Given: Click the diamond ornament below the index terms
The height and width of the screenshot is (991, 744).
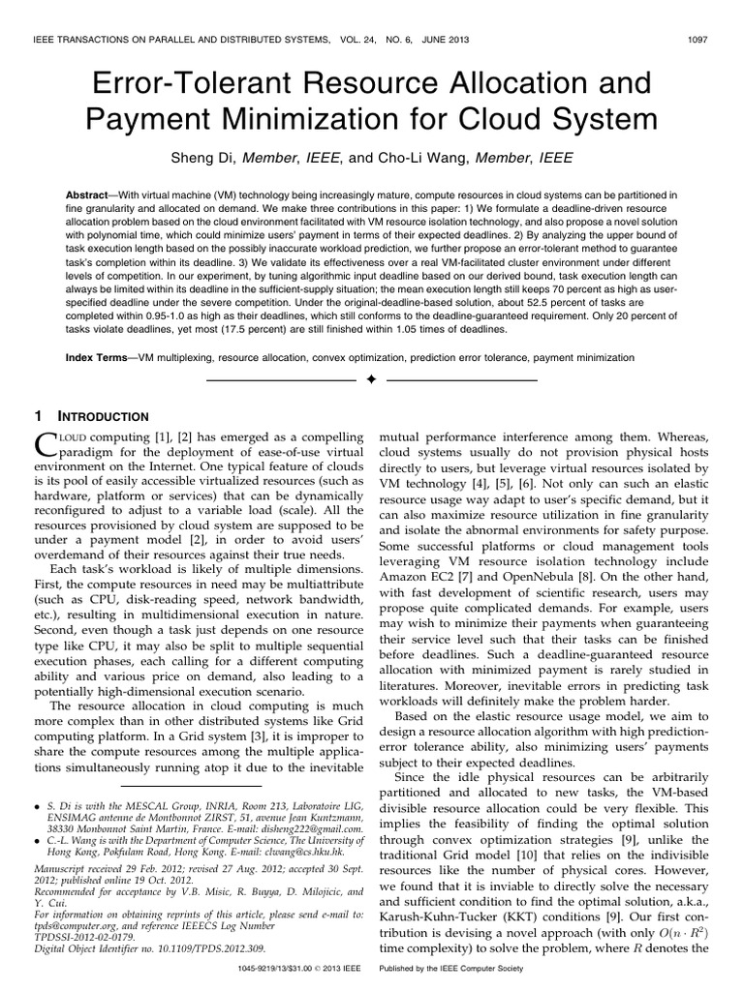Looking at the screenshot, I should coord(370,381).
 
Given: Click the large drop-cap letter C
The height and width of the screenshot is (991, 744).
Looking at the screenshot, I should coord(47,446).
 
